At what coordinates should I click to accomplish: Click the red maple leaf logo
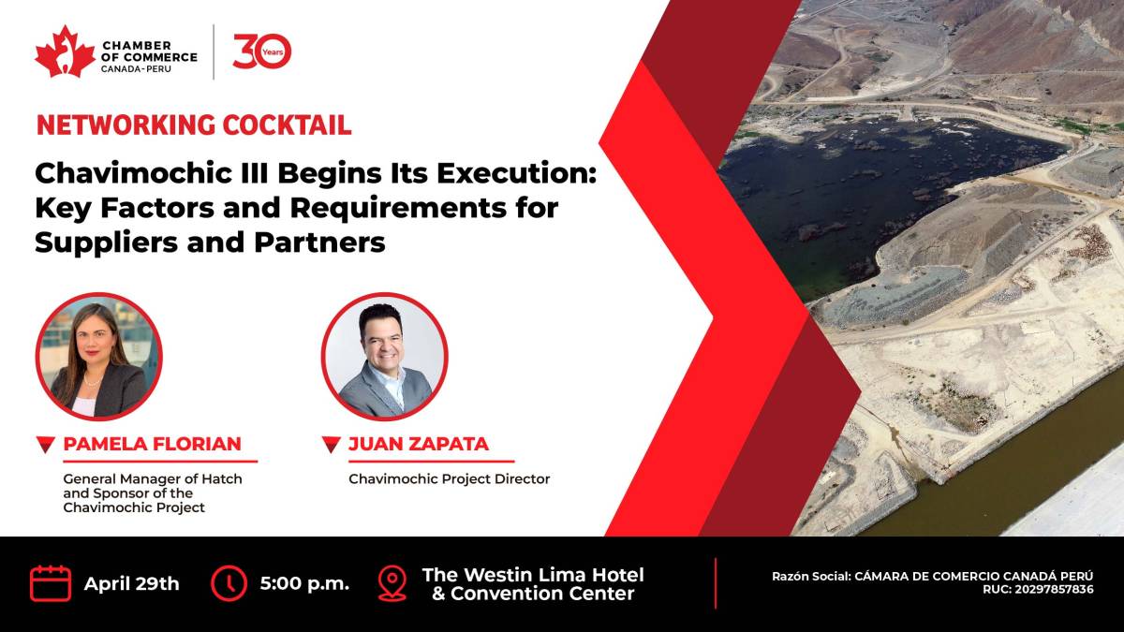click(x=65, y=51)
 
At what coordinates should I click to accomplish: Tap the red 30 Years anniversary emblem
click(x=262, y=51)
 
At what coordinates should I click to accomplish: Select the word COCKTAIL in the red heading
click(x=287, y=125)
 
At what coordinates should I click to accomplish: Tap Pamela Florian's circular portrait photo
click(x=99, y=356)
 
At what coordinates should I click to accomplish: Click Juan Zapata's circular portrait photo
click(x=384, y=356)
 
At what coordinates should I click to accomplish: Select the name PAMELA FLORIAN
click(x=152, y=444)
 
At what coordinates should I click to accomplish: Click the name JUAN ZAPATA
click(x=419, y=444)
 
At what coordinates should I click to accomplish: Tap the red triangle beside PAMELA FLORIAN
click(x=46, y=445)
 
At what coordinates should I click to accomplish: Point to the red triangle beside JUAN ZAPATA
click(x=332, y=445)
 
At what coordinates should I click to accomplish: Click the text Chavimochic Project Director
click(x=449, y=479)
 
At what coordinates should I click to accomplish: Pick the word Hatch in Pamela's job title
click(x=222, y=479)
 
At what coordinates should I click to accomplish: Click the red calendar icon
click(x=51, y=582)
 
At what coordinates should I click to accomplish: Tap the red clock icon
click(x=229, y=583)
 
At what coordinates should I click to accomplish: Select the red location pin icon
click(x=392, y=582)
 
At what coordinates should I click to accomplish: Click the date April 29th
click(x=131, y=584)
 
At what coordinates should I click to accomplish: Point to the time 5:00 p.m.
click(x=304, y=584)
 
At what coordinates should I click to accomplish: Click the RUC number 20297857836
click(x=1055, y=589)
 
